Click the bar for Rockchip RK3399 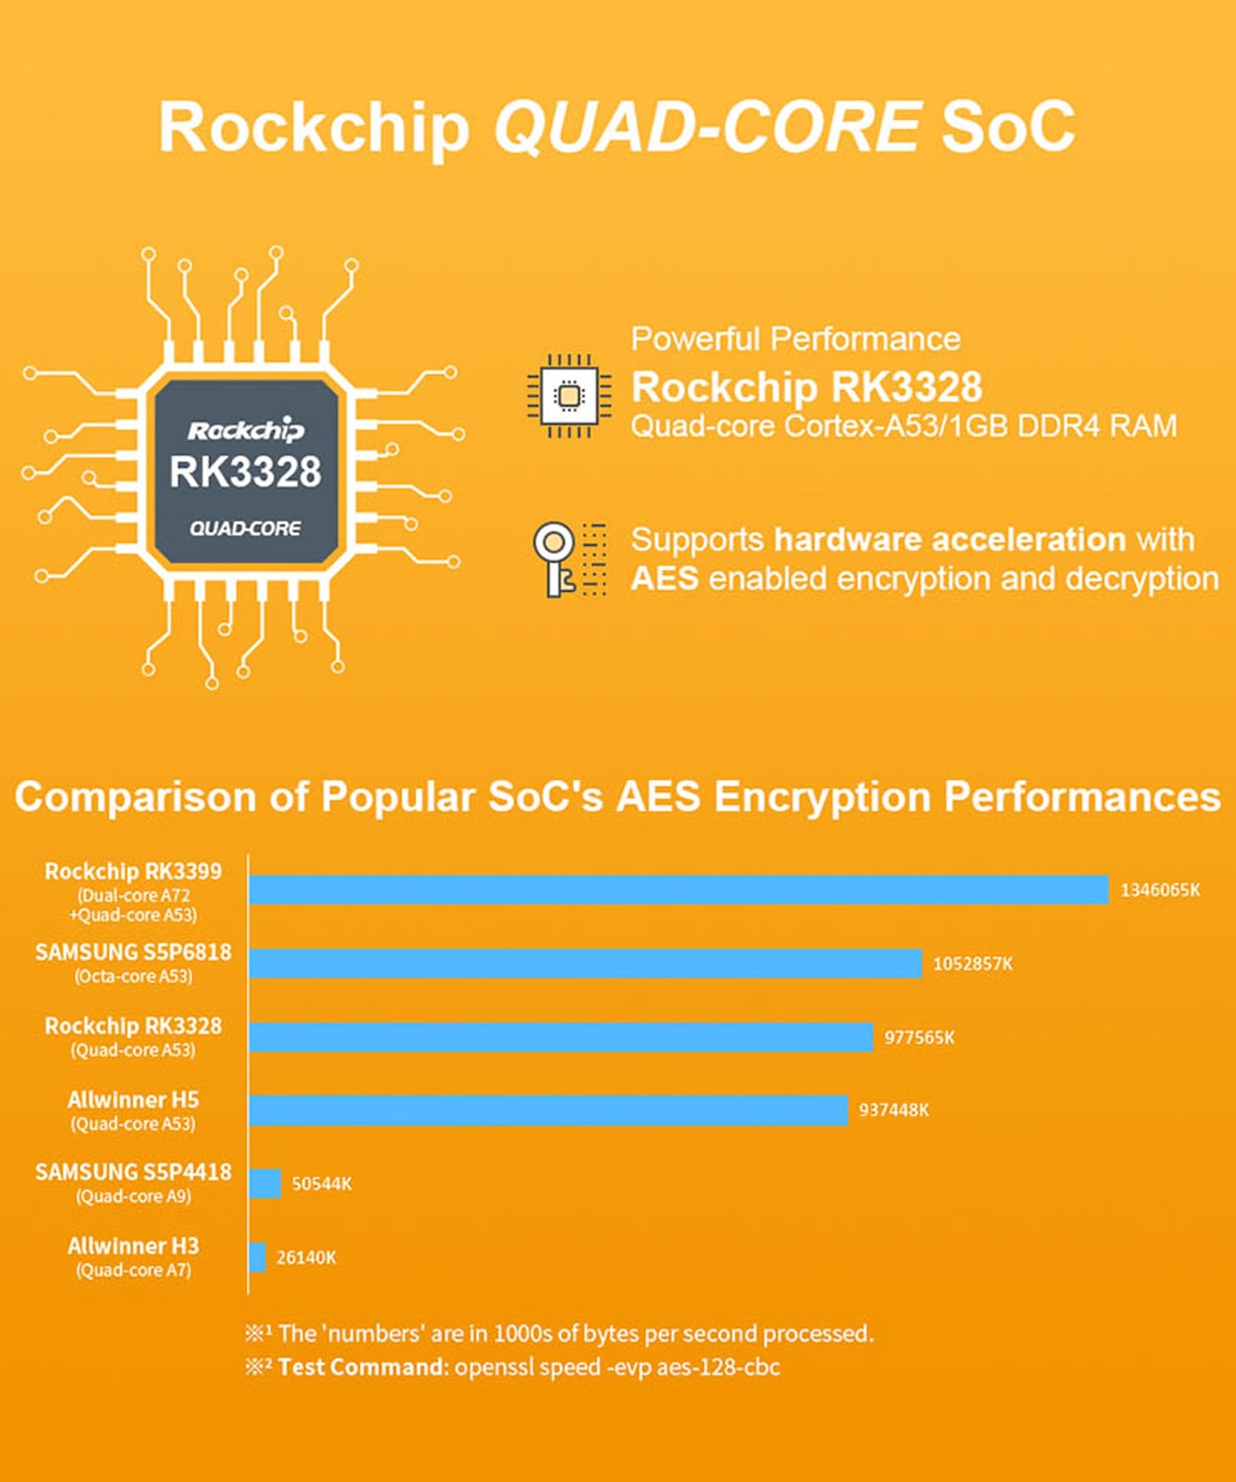coord(679,890)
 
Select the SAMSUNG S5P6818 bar coord(585,964)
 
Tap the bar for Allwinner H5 coord(548,1110)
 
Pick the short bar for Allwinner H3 coord(257,1257)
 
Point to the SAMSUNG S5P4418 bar coord(265,1184)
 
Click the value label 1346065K coord(1160,890)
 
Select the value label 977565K coord(919,1037)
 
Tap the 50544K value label coord(321,1184)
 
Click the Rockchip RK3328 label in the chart coord(133,1027)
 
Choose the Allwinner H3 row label coord(133,1246)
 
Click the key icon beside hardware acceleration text coord(554,560)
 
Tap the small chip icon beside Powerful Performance coord(569,395)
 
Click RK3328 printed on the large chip coord(245,472)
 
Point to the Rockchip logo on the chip coord(245,431)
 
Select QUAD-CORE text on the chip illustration coord(245,529)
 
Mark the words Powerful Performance coord(795,339)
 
